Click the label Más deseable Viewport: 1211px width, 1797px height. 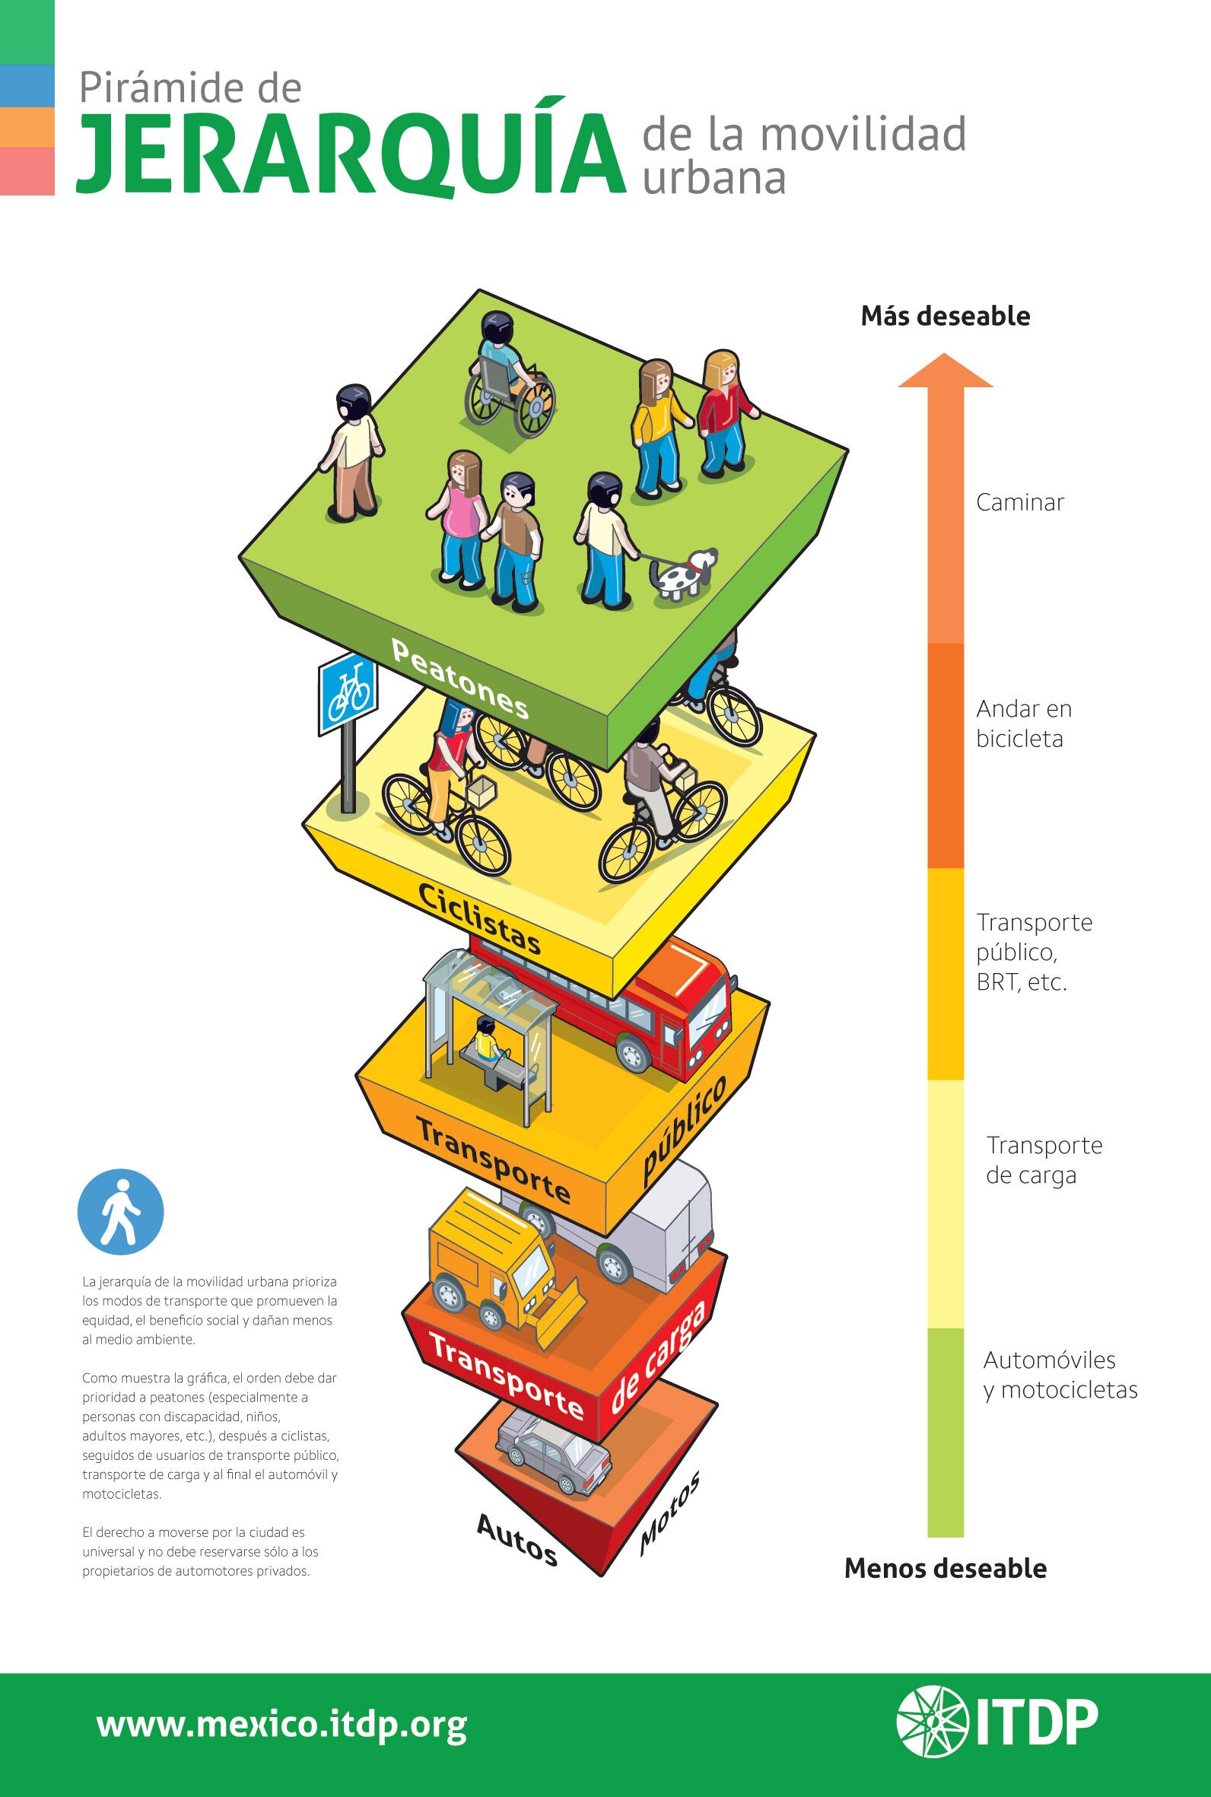point(946,316)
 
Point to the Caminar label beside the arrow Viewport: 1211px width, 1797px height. point(1019,503)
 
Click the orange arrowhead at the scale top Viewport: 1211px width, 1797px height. point(946,371)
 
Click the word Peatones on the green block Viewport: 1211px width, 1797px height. point(460,679)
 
